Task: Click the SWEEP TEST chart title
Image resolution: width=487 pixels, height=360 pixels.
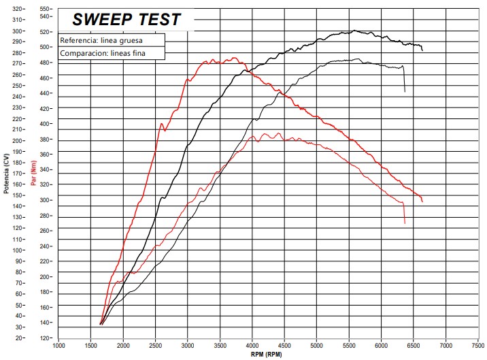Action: [127, 19]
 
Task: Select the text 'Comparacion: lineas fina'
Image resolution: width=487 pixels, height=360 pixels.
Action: [103, 52]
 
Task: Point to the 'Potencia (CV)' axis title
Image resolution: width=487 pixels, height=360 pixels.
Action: [6, 174]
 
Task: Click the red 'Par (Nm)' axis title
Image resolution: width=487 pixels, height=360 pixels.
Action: [33, 174]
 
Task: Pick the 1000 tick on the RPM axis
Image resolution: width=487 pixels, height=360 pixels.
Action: [59, 345]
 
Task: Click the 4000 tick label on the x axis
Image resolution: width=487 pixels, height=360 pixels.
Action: [252, 345]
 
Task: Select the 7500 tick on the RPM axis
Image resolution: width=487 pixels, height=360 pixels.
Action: [478, 345]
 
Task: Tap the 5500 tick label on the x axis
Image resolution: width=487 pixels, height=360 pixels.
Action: [349, 345]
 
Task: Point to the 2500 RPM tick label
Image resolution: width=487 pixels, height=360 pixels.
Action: [156, 345]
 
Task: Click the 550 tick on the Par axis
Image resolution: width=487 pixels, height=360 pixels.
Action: [46, 9]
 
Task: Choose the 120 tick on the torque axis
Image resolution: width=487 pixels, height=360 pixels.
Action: [46, 338]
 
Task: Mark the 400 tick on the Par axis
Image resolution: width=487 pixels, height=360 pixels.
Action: [46, 124]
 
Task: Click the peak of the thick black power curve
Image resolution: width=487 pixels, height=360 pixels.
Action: [355, 31]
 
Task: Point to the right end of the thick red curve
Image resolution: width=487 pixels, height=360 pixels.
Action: [422, 201]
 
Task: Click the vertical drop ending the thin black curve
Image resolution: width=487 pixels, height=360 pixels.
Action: [404, 80]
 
